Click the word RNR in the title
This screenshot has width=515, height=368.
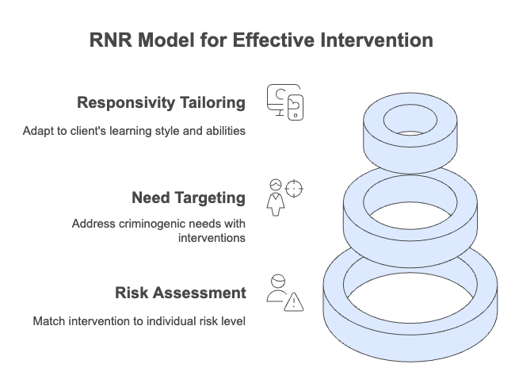111,40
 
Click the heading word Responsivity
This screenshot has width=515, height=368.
125,102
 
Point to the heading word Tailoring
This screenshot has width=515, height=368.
212,102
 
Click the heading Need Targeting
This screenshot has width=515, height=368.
189,198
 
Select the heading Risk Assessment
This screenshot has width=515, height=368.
181,293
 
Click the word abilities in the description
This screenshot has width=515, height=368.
226,131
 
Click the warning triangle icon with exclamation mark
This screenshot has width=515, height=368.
294,302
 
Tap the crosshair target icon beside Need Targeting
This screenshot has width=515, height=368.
294,189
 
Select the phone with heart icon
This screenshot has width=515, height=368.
296,108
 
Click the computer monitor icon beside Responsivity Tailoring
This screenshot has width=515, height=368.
279,98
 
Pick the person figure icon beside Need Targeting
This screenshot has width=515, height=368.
276,197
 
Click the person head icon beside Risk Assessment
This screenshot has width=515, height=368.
278,282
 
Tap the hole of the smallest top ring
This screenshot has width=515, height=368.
410,120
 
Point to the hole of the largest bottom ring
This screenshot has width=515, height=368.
410,297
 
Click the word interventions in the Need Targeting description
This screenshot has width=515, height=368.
212,238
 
